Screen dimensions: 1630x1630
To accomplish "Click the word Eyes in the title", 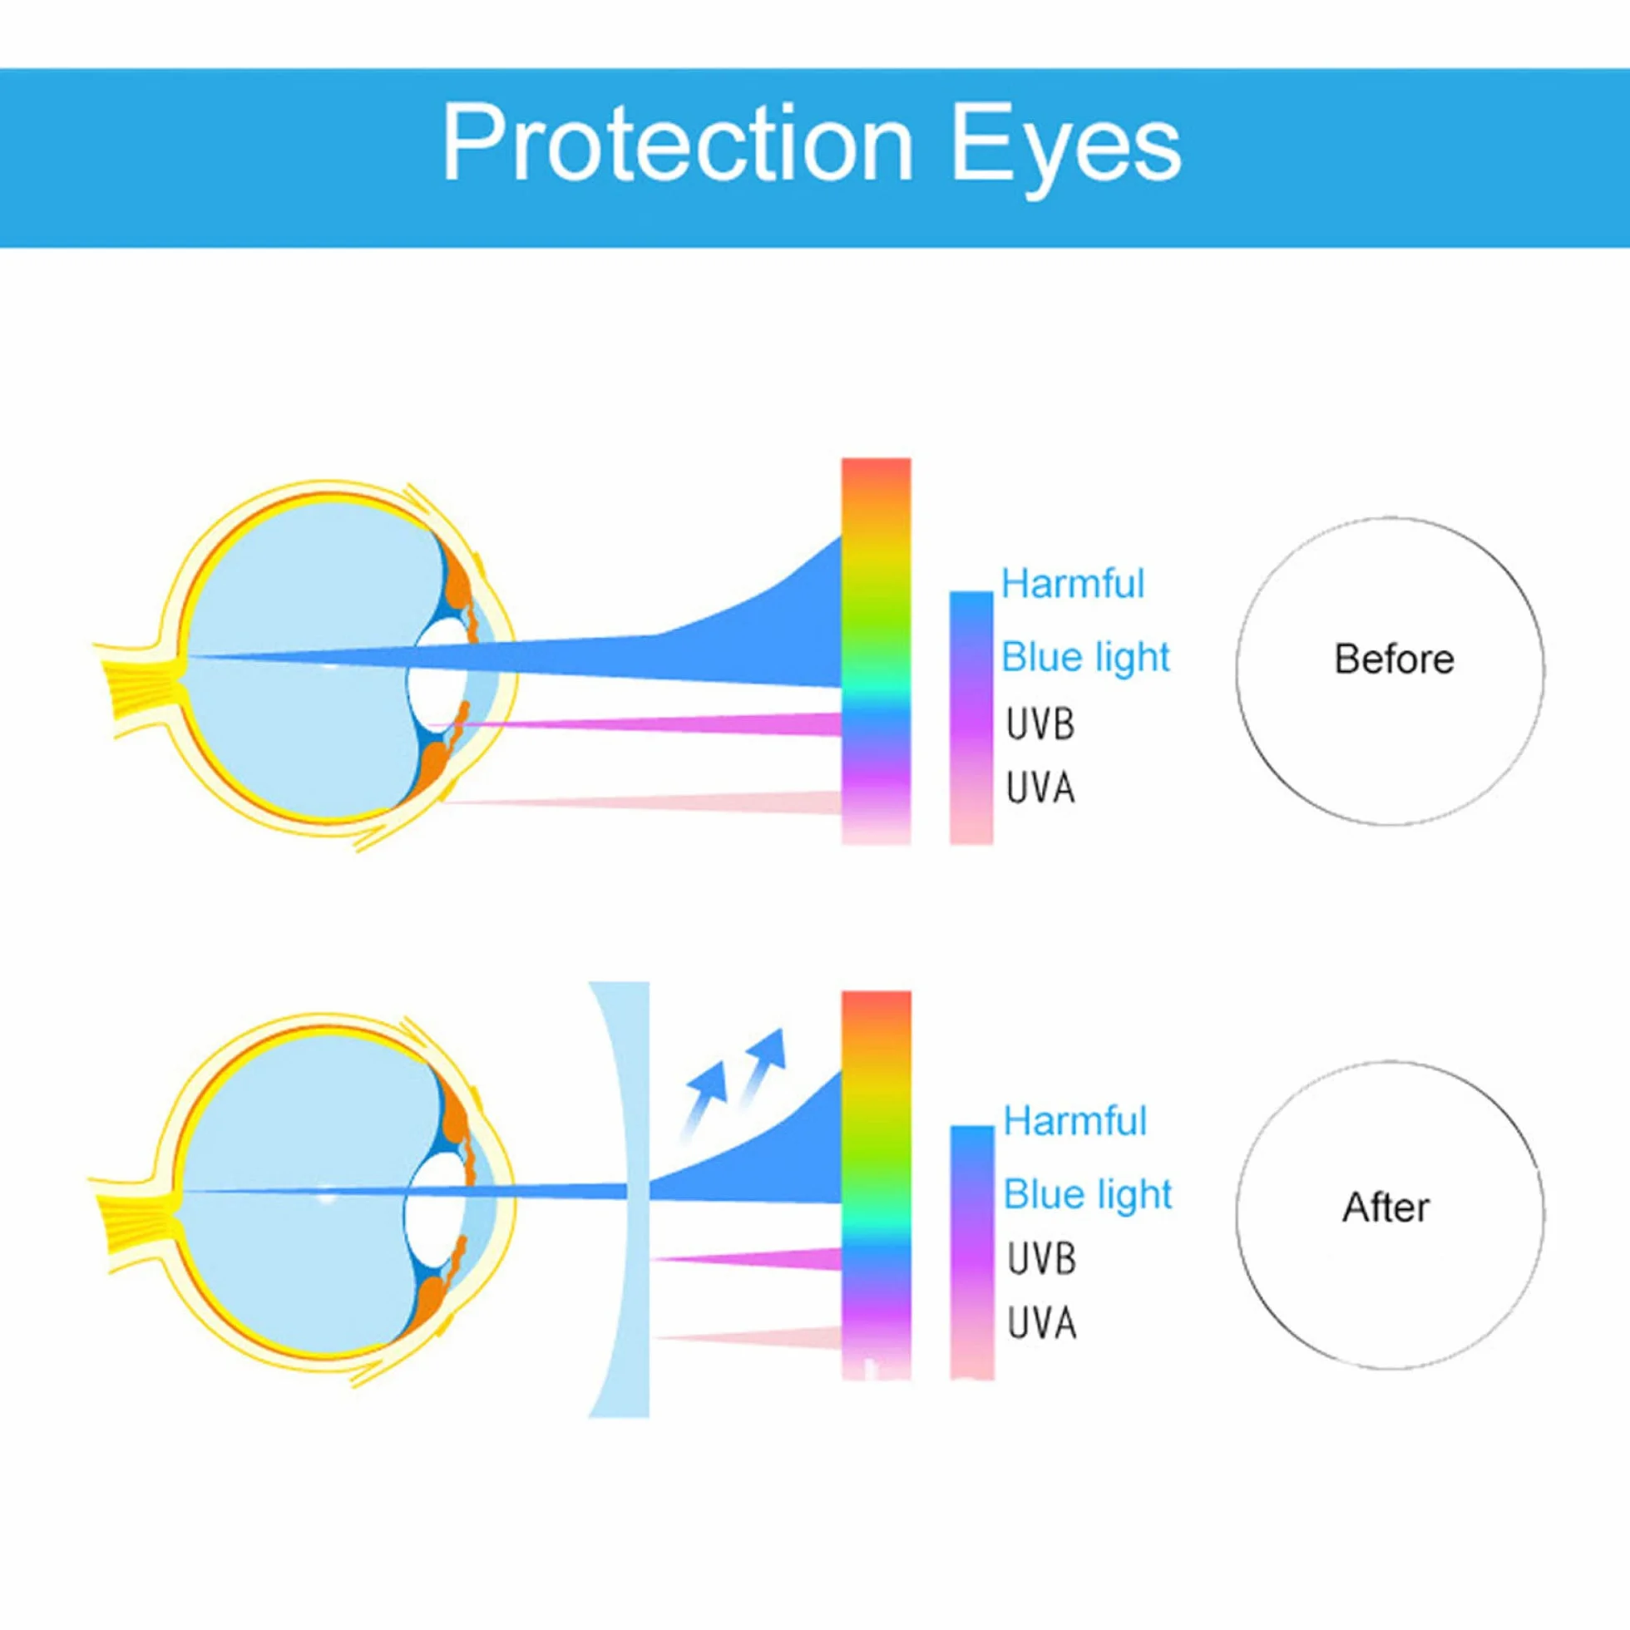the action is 1066,151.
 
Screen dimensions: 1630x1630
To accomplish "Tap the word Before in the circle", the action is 1394,659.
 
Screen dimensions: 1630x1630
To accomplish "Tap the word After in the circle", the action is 1386,1208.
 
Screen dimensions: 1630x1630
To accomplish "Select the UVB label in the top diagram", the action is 1040,724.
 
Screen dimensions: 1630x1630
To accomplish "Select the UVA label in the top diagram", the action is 1040,788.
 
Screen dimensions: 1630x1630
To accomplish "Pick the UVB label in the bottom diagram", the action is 1042,1259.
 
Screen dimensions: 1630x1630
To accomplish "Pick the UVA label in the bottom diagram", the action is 1042,1323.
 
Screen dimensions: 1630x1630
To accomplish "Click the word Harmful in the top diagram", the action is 1072,584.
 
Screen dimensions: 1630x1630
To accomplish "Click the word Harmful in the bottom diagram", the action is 1074,1121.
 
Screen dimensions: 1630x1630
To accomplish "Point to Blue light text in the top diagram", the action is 1085,657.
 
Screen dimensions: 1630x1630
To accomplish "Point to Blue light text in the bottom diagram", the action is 1088,1195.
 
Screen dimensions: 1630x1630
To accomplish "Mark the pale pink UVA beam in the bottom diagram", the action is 749,1337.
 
